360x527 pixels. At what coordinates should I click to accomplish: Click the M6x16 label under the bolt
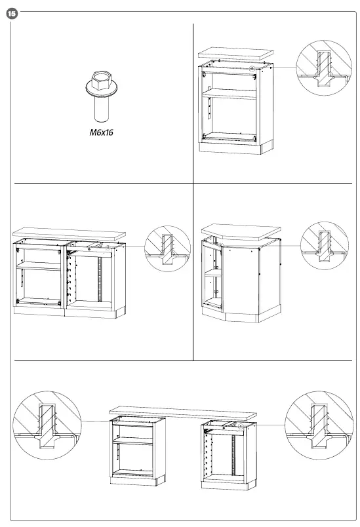coord(102,132)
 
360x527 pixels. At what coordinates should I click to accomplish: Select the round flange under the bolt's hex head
coord(102,93)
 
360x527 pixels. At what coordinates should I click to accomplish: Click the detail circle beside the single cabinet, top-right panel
coord(321,67)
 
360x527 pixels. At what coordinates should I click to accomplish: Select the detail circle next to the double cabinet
coord(166,247)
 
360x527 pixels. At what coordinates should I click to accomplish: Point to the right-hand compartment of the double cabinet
coord(96,279)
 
